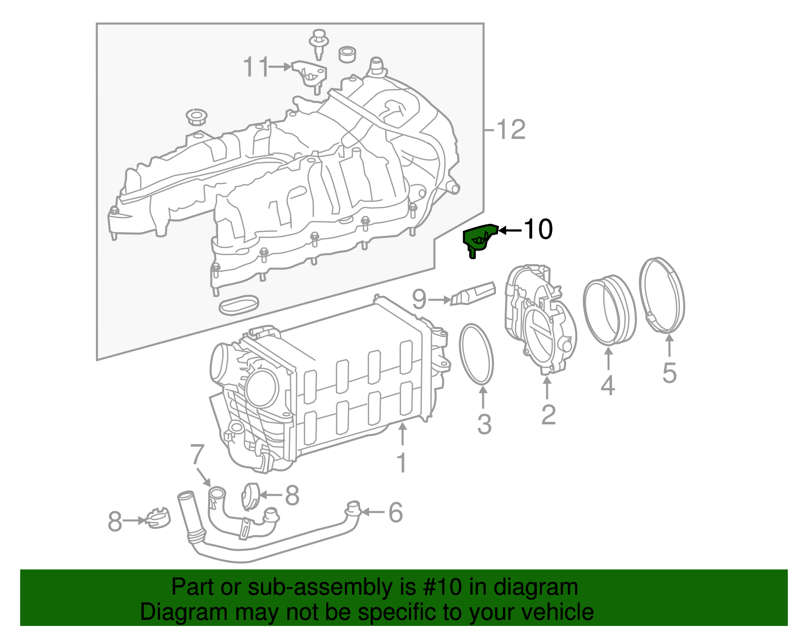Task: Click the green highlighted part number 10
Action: point(478,238)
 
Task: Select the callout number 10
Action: point(538,229)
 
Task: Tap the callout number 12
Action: point(511,130)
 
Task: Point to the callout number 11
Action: point(257,67)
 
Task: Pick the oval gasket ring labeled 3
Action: point(476,354)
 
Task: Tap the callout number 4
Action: point(608,385)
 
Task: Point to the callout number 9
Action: point(419,300)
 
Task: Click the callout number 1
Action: point(401,463)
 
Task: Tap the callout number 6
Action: point(395,512)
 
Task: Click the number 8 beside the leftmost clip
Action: point(115,521)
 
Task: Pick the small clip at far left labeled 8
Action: point(158,518)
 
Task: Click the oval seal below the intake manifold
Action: point(239,305)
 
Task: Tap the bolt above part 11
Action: point(318,40)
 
